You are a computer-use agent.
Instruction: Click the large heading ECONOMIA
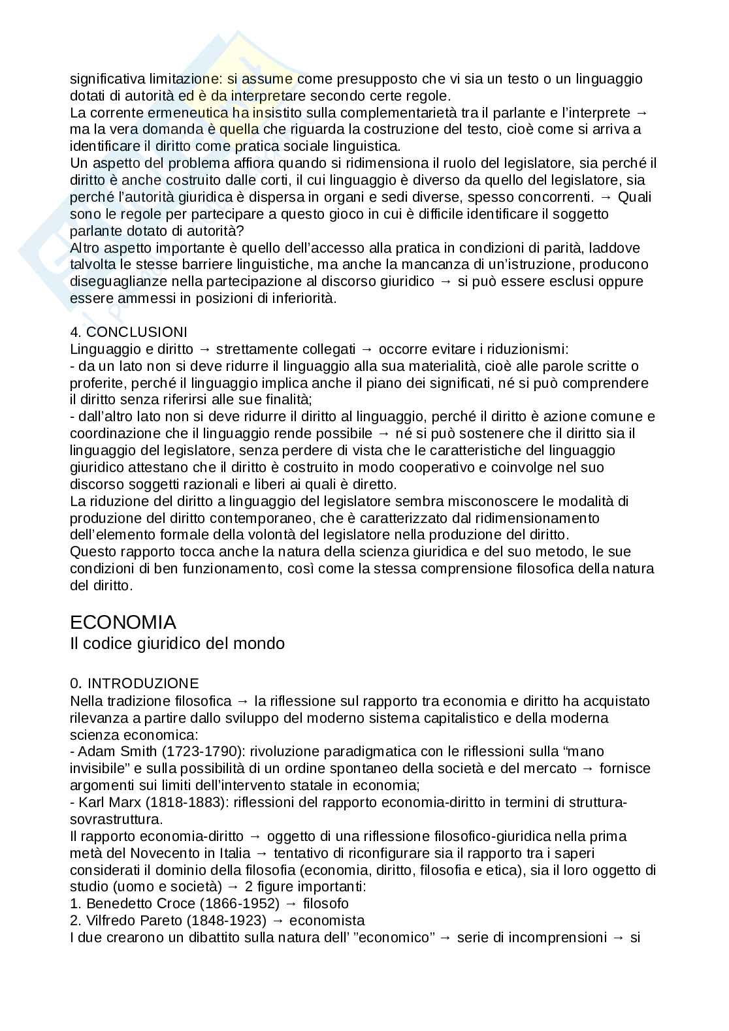click(123, 621)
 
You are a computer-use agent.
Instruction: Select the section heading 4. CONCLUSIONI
click(129, 332)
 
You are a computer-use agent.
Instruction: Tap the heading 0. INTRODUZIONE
click(135, 684)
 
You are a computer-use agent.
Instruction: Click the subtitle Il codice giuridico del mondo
click(177, 643)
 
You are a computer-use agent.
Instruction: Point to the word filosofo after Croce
click(326, 904)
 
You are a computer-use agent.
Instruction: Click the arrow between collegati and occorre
click(366, 349)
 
